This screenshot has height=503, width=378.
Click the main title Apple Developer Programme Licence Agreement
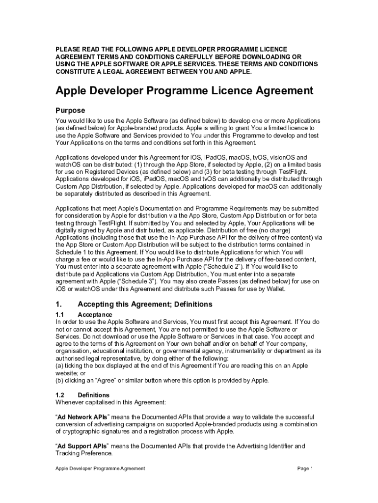[x=184, y=91]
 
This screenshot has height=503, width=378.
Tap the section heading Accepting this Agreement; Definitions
[x=145, y=304]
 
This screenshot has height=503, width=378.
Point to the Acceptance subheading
[x=95, y=314]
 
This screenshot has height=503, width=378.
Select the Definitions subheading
[x=93, y=395]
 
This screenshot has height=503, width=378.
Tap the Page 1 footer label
[x=305, y=469]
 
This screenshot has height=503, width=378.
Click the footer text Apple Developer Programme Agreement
[x=100, y=469]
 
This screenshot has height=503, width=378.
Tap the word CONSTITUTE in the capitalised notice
[x=77, y=72]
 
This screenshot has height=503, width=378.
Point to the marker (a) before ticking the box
[x=59, y=366]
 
